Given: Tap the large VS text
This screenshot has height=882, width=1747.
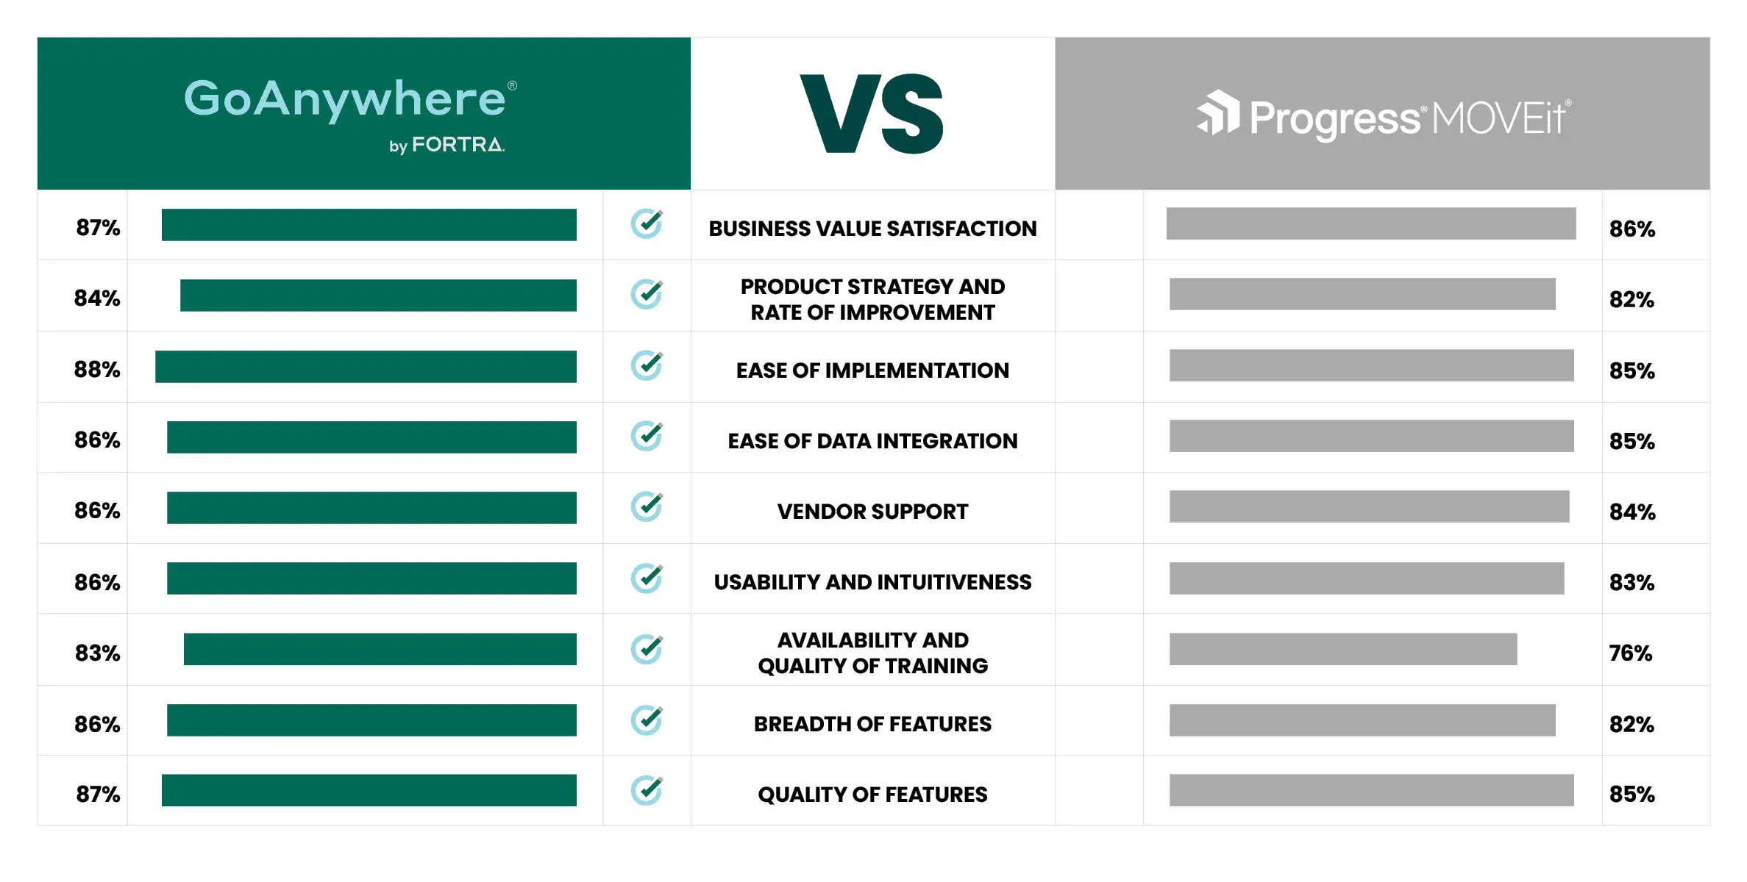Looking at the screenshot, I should point(872,114).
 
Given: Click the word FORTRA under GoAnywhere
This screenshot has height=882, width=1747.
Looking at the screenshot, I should point(458,145).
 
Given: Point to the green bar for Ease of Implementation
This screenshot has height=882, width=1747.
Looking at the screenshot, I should point(366,367).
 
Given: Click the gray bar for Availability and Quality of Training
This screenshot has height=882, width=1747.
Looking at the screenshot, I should point(1342,649).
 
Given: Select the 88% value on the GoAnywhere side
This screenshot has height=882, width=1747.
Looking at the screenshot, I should point(97,369).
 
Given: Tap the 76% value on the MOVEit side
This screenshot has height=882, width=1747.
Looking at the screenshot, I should point(1630,653).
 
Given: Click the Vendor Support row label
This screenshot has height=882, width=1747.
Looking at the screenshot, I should point(872,512).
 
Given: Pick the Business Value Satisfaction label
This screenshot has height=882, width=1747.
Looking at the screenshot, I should point(872,229).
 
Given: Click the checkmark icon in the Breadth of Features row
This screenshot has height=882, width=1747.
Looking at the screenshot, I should point(647,720).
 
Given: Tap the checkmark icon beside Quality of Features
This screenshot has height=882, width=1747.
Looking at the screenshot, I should point(647,791).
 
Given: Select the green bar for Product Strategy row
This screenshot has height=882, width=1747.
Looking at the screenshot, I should point(378,295).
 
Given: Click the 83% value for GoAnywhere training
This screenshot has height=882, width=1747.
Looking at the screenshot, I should point(98,653).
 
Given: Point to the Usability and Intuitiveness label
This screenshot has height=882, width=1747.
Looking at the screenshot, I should point(872,582).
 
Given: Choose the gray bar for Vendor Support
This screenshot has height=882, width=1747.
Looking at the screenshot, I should point(1369,506).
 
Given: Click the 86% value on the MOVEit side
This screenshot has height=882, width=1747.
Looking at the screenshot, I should point(1632,229).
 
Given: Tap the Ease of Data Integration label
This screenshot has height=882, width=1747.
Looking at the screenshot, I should point(872,441).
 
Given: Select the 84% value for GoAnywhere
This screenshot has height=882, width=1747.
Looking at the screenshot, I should point(97,298).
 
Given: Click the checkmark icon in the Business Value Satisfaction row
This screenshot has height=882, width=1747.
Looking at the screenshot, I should point(647,224).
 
